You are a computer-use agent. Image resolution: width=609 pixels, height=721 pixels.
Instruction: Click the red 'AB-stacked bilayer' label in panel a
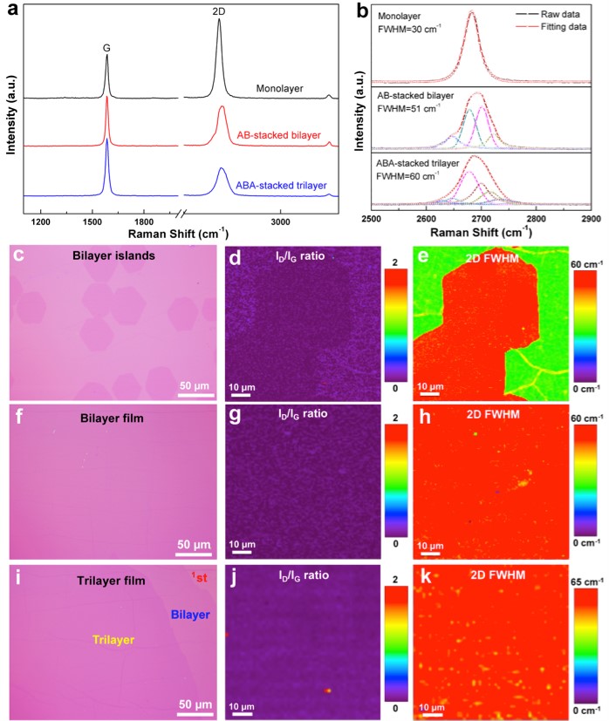point(278,136)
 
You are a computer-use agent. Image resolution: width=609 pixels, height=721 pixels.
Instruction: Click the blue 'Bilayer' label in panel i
point(191,615)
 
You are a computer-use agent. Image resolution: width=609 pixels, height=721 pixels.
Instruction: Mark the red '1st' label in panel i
point(199,575)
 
